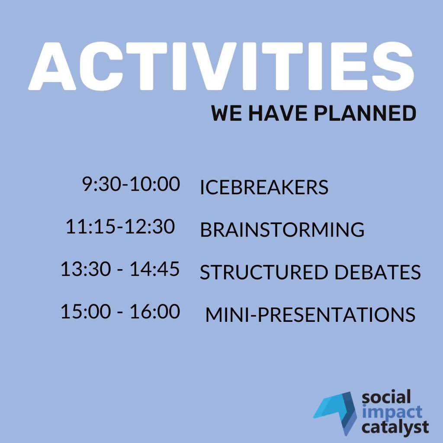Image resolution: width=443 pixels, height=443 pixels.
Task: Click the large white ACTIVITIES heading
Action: coord(221,66)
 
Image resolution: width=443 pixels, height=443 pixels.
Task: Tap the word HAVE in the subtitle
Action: coord(278,113)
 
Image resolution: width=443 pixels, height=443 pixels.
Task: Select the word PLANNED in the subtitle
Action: coord(365,113)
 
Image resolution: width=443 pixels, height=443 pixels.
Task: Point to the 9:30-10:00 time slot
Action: coord(131,184)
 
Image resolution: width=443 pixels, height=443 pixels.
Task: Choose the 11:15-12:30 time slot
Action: coord(120,227)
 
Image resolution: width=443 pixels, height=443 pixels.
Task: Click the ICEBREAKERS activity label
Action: coord(264,187)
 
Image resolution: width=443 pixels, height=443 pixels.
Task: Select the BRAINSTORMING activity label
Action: coord(282,229)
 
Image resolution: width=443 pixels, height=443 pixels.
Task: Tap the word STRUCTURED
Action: coord(264,272)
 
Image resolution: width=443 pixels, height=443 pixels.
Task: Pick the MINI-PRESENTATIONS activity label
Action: coord(310,315)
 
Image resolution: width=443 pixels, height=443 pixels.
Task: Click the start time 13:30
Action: coord(86,269)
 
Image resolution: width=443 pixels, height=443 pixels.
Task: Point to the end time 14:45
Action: coord(155,269)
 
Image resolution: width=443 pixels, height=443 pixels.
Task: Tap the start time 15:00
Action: coord(86,311)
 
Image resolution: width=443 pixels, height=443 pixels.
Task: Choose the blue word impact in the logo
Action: coord(392,412)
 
